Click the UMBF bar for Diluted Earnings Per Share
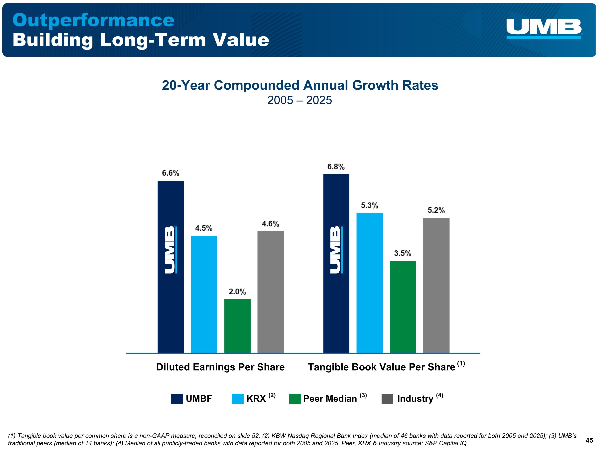[171, 267]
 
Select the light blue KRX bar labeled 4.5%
[204, 294]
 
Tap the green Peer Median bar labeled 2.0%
[237, 326]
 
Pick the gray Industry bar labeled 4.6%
[271, 292]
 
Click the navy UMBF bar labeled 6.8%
[336, 263]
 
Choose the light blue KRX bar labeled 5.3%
[370, 283]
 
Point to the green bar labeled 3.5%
[403, 307]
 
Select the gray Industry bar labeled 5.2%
[436, 285]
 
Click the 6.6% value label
[171, 173]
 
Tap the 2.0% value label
[237, 292]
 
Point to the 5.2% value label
[436, 210]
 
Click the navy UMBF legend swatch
[177, 399]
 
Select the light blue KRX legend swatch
[237, 399]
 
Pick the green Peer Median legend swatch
[295, 399]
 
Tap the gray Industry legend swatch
[387, 399]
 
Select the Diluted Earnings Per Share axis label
[220, 367]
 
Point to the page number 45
[589, 440]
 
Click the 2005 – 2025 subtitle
[299, 100]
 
